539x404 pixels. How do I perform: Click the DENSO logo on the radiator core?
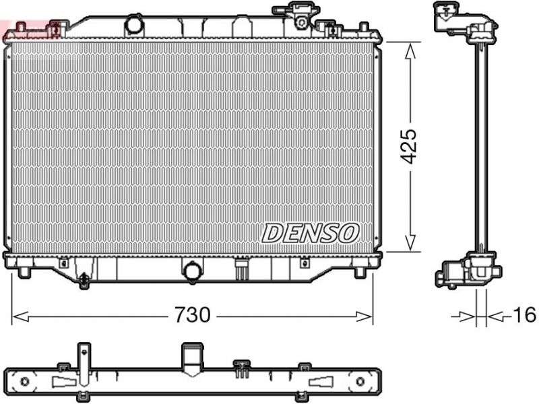309,233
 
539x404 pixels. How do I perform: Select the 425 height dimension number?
409,146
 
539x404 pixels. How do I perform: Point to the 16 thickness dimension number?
524,314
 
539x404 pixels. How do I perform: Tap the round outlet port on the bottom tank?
193,272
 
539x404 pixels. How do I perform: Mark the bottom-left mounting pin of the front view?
24,272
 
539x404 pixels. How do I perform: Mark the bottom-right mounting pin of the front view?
362,272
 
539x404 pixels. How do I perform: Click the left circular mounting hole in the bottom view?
25,382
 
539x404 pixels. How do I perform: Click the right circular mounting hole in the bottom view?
360,382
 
